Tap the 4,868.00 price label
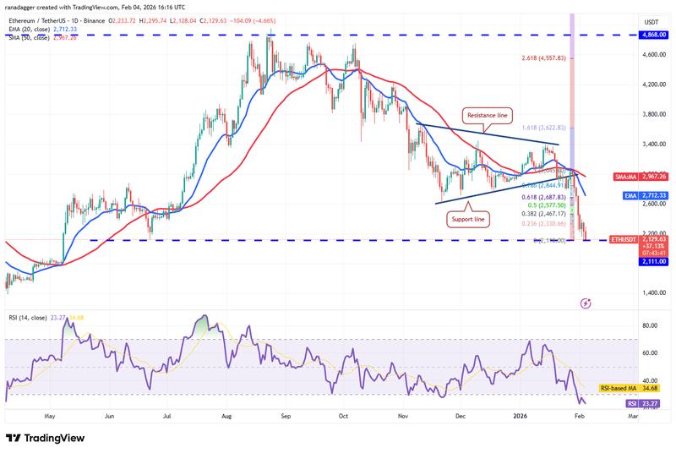tap(651, 35)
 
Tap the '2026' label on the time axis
tap(520, 417)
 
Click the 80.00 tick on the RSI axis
tap(651, 325)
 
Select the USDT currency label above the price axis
tap(651, 21)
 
